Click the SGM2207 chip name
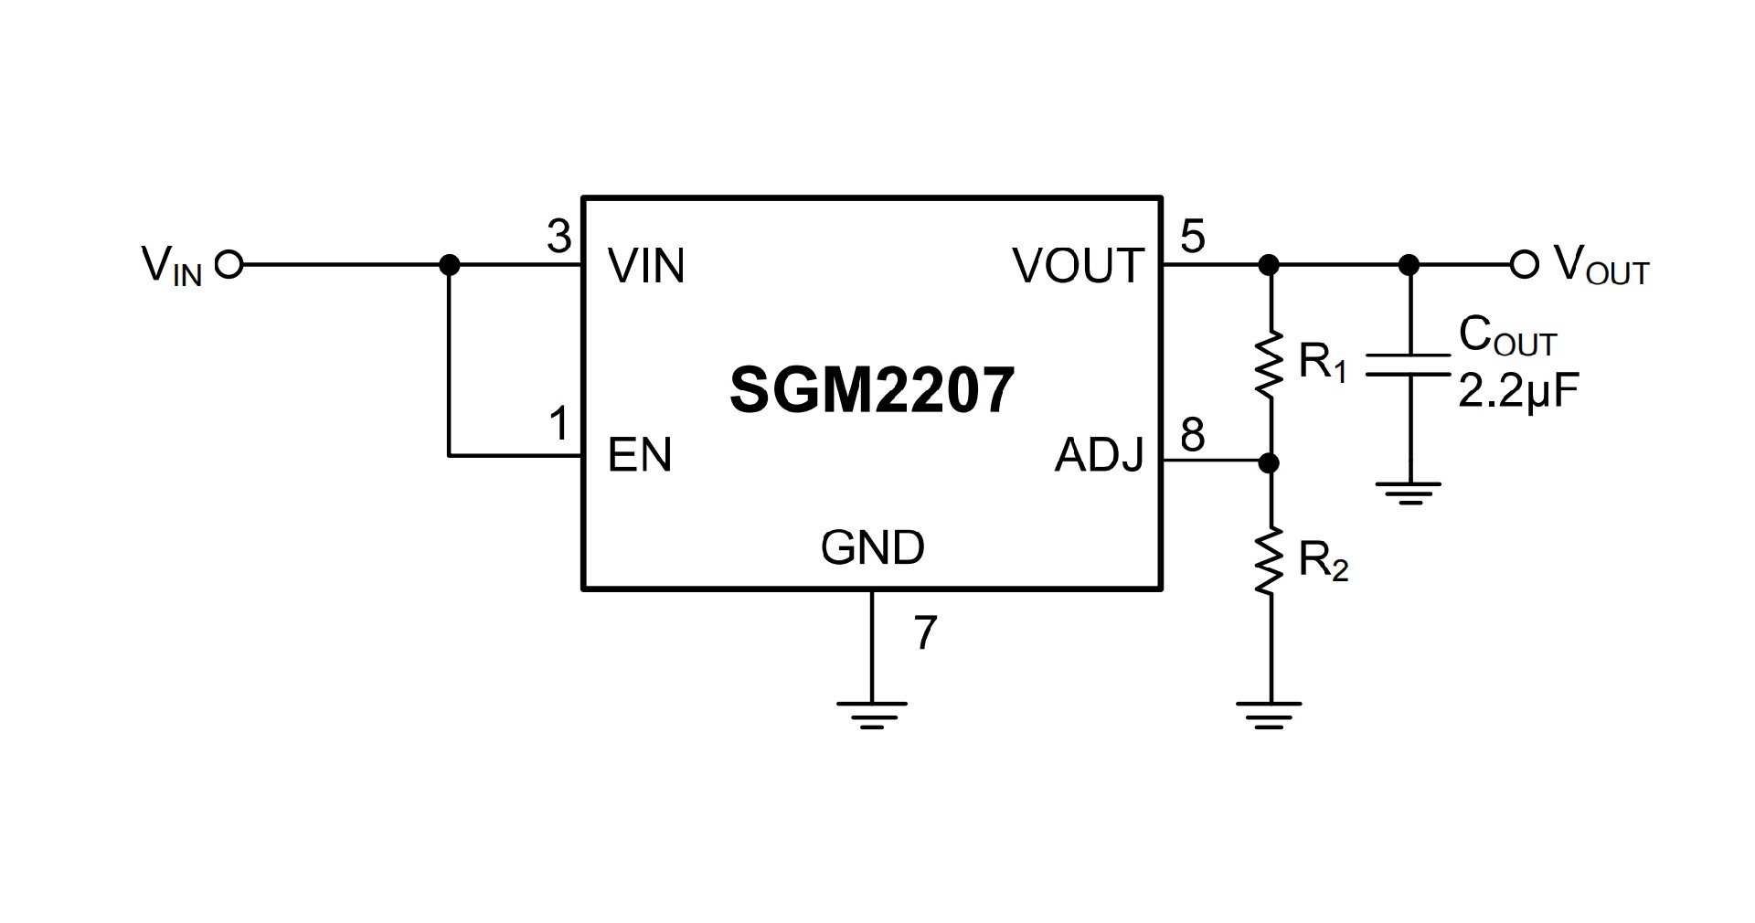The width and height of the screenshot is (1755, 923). (872, 390)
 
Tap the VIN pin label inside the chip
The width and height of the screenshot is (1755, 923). (645, 266)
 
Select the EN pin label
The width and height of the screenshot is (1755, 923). (639, 454)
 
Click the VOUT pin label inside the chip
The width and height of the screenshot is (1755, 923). (1078, 266)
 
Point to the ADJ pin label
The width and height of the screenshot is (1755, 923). (1099, 454)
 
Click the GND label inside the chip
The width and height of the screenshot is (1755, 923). (872, 547)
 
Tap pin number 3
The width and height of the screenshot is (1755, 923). (558, 237)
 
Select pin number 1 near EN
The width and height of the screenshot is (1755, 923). (558, 425)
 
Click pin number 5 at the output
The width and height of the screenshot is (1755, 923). (1193, 237)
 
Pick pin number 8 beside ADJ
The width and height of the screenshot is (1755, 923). (1193, 435)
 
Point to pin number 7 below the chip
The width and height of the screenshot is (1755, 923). (926, 632)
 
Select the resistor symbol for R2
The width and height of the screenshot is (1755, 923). (1268, 561)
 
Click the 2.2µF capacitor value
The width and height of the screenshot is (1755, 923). (1518, 391)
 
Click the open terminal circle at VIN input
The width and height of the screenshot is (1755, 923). (229, 265)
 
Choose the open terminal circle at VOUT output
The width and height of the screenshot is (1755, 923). (1524, 265)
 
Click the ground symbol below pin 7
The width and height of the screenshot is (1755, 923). (872, 714)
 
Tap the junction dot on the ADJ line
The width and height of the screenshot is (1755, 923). (1268, 463)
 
